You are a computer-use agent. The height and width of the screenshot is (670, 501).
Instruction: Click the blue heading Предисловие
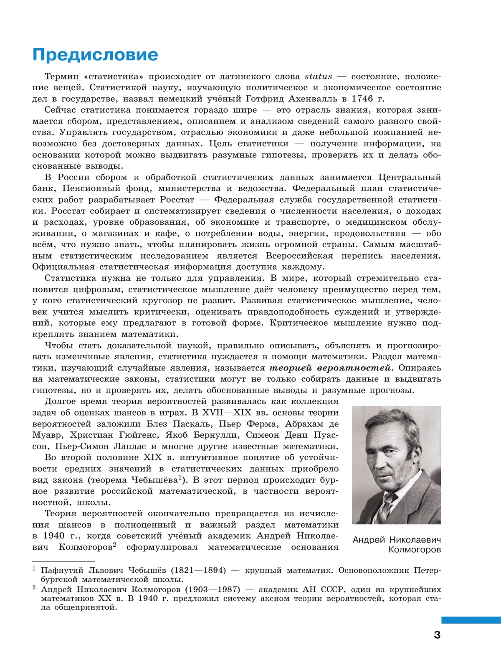click(x=95, y=55)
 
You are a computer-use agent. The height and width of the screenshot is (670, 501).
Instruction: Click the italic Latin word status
click(x=318, y=76)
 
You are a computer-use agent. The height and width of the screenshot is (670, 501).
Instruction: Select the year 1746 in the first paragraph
click(x=362, y=99)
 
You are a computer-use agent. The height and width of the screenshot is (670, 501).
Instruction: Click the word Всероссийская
click(x=299, y=256)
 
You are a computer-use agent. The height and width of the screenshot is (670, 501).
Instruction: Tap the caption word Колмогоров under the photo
click(x=414, y=550)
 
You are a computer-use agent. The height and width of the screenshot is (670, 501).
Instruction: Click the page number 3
click(x=437, y=635)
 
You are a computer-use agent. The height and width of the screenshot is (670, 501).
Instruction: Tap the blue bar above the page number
click(x=471, y=620)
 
